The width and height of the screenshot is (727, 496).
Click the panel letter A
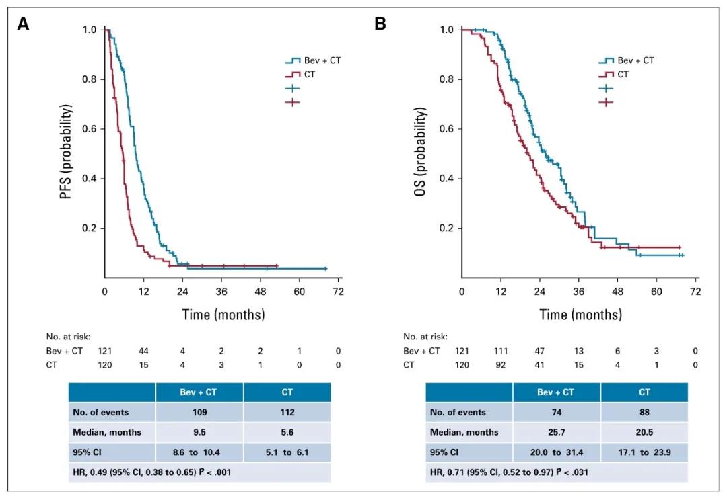pos(24,24)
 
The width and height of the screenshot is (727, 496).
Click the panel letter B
pos(380,24)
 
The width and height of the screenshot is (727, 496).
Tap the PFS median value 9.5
pos(199,432)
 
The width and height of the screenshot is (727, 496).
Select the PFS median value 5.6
pos(287,432)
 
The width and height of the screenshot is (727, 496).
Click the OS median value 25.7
pos(556,432)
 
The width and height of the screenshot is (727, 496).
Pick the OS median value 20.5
pos(644,432)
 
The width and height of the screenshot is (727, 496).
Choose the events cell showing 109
pos(199,413)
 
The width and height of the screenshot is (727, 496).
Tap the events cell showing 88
pos(644,413)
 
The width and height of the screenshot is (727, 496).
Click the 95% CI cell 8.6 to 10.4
pos(199,452)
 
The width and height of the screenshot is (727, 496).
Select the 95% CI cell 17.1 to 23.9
pos(644,452)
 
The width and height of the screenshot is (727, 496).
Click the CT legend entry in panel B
pos(623,75)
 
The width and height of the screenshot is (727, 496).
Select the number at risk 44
pos(143,351)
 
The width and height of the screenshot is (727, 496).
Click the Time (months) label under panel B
pos(580,315)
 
